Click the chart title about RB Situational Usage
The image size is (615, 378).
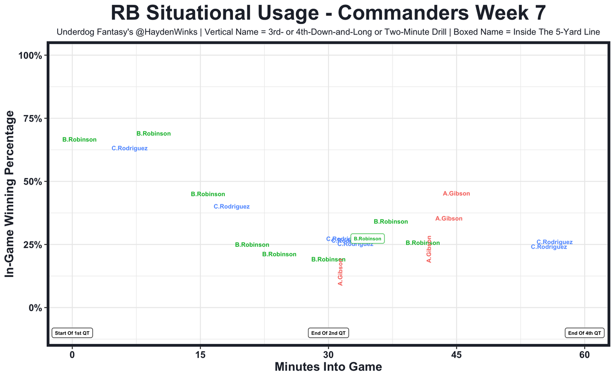tap(328, 13)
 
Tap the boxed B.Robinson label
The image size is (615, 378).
tap(368, 239)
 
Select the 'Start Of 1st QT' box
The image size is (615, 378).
tap(72, 333)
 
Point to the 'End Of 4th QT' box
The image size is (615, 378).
tap(585, 333)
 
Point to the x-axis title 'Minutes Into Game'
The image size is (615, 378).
tap(328, 367)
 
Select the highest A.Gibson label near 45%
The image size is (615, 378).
tap(456, 194)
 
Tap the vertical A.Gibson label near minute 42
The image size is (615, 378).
tap(430, 249)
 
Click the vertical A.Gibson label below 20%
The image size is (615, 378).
tap(341, 272)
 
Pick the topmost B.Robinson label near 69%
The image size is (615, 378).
tap(154, 134)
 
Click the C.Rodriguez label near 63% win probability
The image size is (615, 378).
tap(130, 149)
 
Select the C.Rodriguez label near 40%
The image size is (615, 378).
tap(232, 207)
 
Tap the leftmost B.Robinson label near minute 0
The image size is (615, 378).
tap(80, 140)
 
